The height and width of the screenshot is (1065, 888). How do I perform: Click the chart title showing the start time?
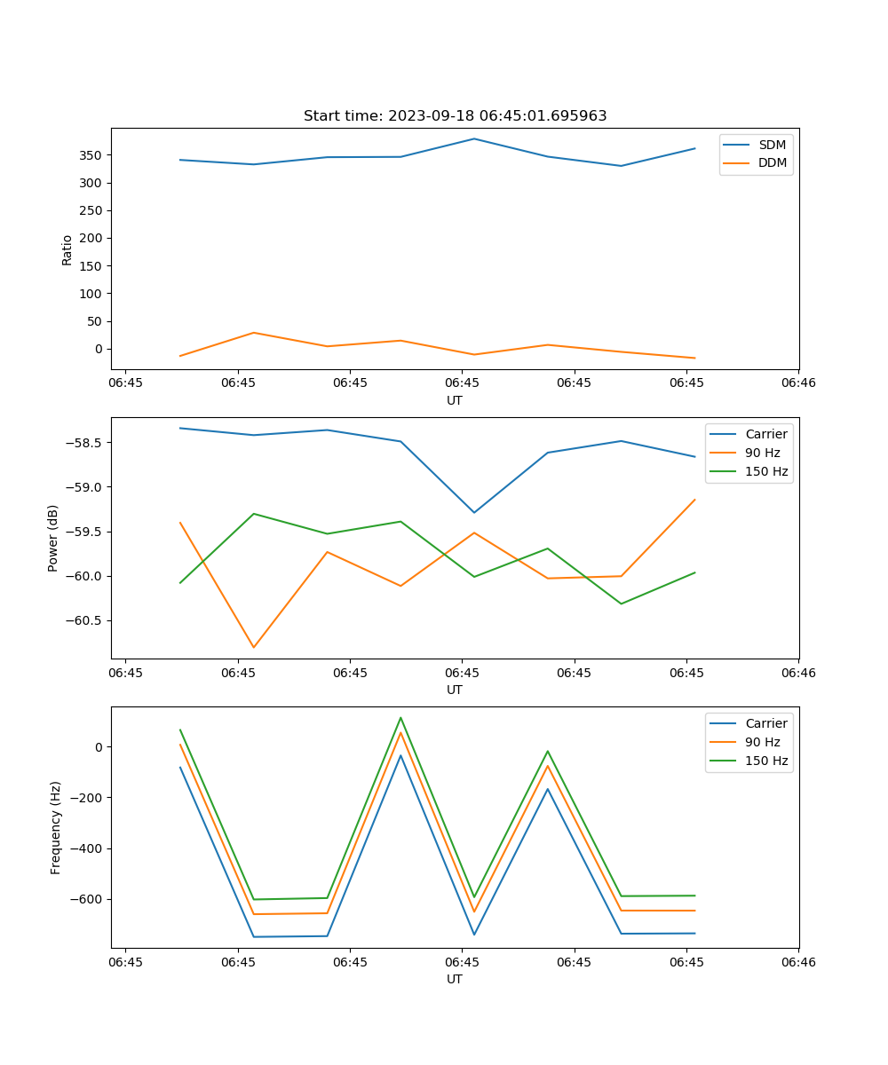455,116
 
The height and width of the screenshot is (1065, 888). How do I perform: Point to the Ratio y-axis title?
67,249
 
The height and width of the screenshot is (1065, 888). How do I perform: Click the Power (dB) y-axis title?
53,538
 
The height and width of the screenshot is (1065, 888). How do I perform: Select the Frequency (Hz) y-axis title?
55,827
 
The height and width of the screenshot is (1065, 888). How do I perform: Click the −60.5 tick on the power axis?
84,620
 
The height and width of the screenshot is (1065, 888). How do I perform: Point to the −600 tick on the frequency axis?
88,899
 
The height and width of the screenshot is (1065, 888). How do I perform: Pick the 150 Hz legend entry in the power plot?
766,471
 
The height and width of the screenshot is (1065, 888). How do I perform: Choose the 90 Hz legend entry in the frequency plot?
763,742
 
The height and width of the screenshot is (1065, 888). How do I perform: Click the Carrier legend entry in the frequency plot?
765,723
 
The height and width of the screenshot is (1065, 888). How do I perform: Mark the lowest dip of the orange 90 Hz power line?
254,647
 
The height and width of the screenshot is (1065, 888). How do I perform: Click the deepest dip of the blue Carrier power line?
474,512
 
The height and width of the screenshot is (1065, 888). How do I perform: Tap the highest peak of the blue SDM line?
474,138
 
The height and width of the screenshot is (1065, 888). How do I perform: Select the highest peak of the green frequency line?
400,718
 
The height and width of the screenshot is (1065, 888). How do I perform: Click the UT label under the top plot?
455,400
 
